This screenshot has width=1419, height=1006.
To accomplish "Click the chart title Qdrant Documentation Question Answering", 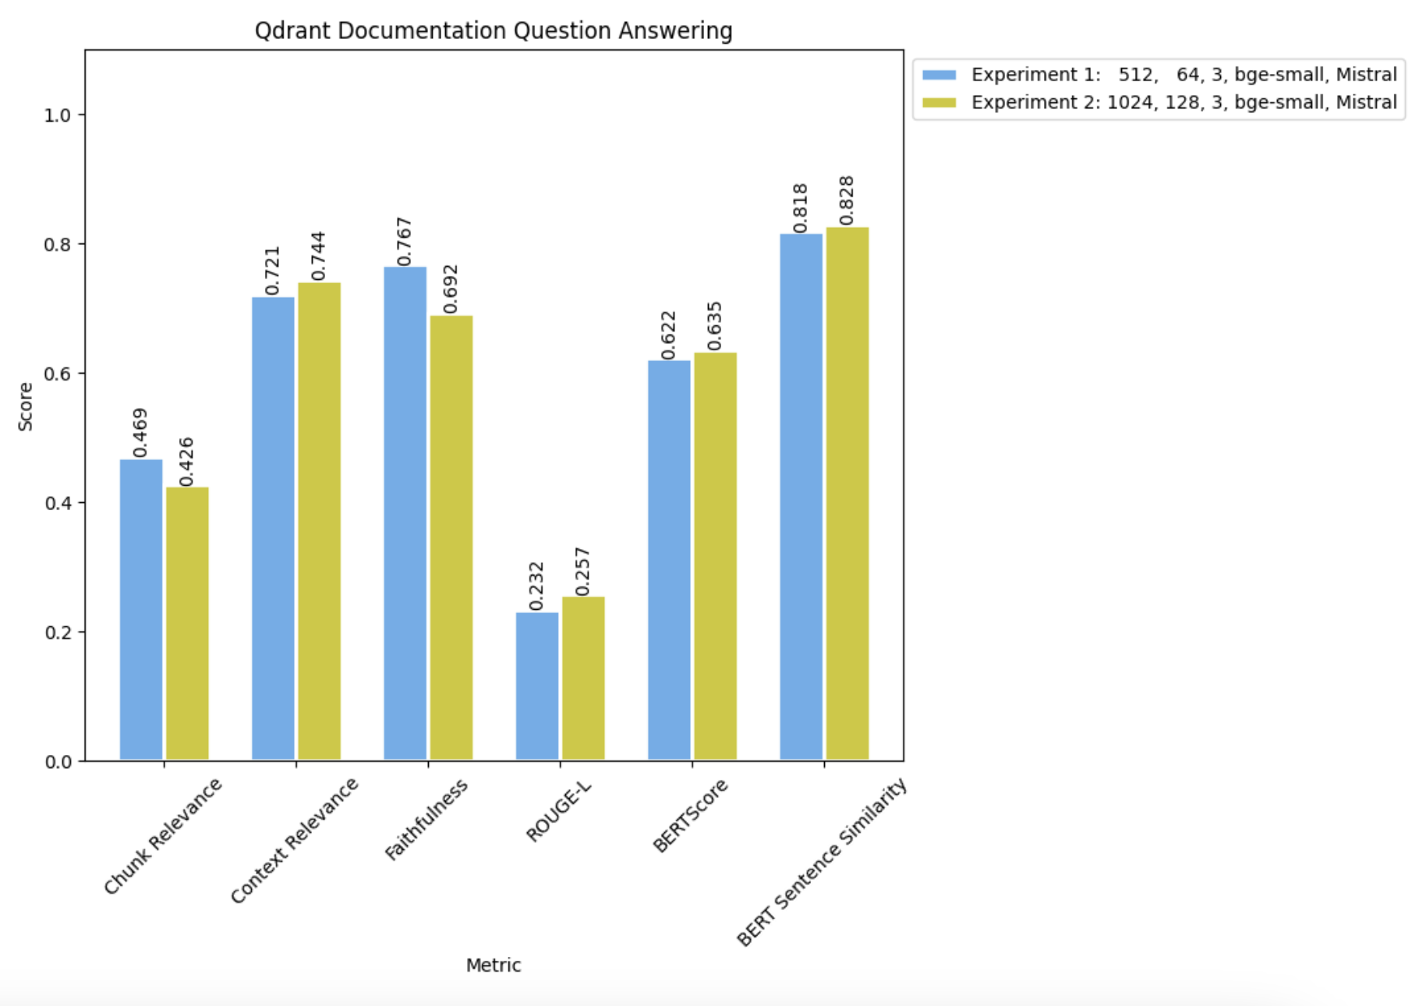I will pyautogui.click(x=494, y=31).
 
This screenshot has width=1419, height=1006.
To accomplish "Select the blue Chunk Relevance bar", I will pyautogui.click(x=141, y=609).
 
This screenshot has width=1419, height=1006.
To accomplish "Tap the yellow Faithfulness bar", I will pyautogui.click(x=451, y=537).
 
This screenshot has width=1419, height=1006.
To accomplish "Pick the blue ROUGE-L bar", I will pyautogui.click(x=537, y=685).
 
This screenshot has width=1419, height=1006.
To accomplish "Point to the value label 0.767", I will pyautogui.click(x=405, y=242).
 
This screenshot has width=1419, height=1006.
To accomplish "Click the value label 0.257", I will pyautogui.click(x=582, y=572).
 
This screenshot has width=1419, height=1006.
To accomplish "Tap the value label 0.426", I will pyautogui.click(x=186, y=462).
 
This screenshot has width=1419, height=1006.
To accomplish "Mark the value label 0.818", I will pyautogui.click(x=801, y=208).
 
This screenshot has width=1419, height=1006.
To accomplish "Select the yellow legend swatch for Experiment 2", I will pyautogui.click(x=939, y=103).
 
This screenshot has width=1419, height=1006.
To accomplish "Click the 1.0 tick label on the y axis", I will pyautogui.click(x=58, y=115).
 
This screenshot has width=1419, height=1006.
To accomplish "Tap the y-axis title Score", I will pyautogui.click(x=26, y=406).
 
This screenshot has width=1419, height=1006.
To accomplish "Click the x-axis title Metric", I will pyautogui.click(x=493, y=965).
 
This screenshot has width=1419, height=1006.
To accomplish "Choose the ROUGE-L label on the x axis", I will pyautogui.click(x=559, y=811).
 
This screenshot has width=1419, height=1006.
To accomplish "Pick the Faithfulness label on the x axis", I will pyautogui.click(x=426, y=820).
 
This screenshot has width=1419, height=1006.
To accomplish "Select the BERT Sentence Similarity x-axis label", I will pyautogui.click(x=822, y=863).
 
